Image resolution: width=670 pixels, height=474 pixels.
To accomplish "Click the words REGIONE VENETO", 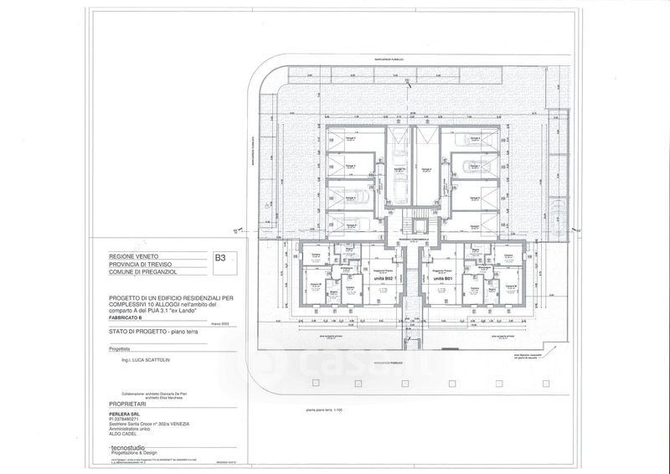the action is pos(133,255).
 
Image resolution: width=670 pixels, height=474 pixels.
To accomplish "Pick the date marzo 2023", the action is pos(219,323).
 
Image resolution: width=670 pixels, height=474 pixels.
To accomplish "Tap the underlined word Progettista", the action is pos(108,351).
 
